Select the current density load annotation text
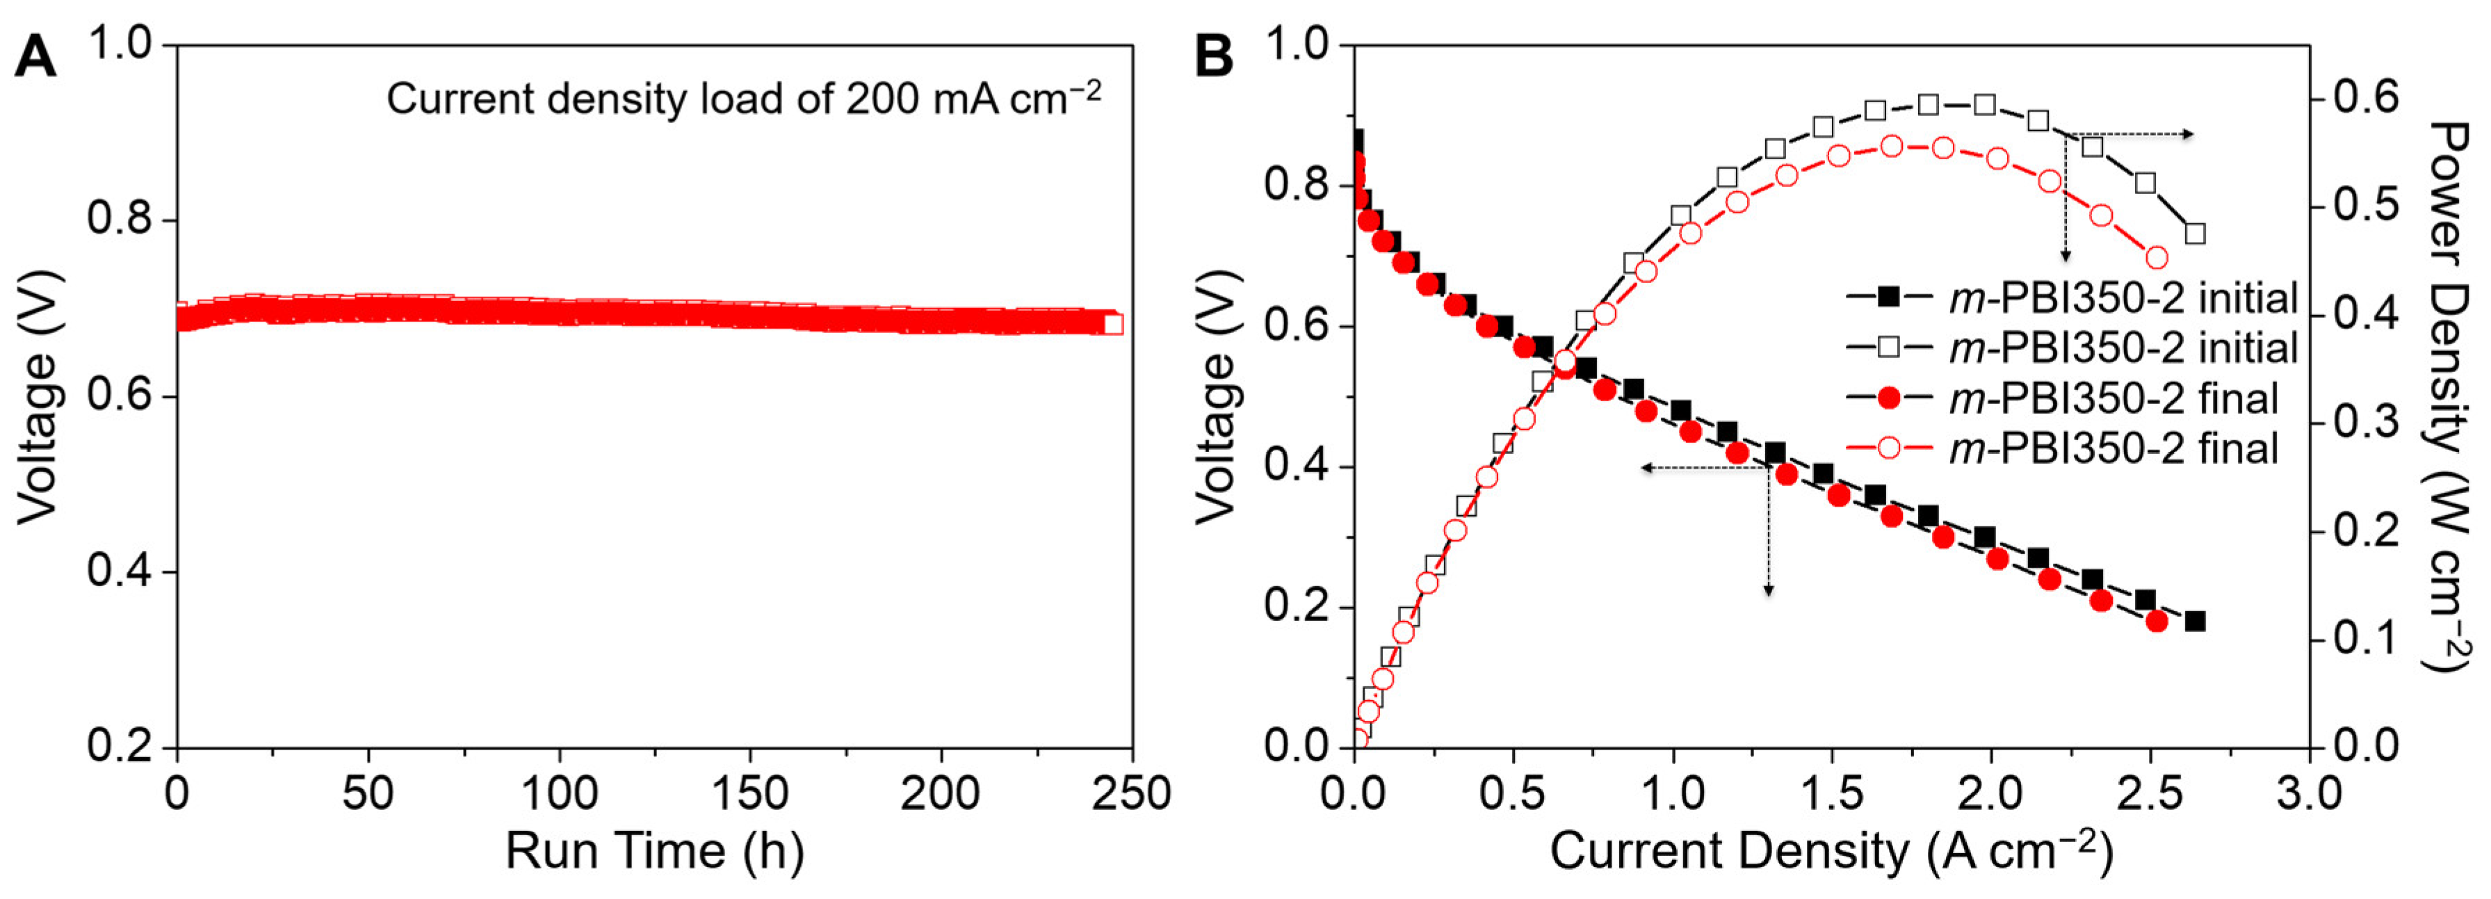pyautogui.click(x=743, y=99)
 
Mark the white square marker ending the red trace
pyautogui.click(x=1113, y=324)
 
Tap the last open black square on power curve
pyautogui.click(x=2195, y=234)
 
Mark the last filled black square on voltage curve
pyautogui.click(x=2195, y=621)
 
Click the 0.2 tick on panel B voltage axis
pyautogui.click(x=1301, y=607)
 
